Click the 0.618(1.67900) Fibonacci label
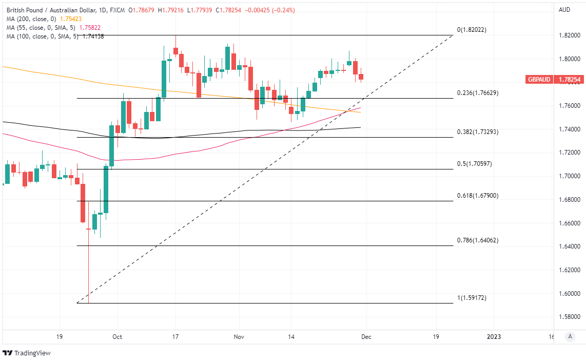478,196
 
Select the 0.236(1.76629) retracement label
478,93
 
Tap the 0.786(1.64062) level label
478,240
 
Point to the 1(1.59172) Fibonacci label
472,298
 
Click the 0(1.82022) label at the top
471,30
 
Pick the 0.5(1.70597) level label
475,164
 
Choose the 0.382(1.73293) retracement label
478,132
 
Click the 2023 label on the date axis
494,337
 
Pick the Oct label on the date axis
117,337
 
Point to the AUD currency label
564,10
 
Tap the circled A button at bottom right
570,337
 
